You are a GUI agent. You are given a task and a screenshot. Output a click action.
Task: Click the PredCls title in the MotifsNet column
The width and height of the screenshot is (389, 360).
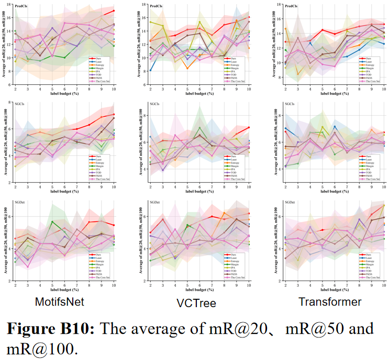coord(22,7)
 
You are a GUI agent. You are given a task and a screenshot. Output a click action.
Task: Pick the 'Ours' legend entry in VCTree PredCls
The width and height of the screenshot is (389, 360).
coord(232,58)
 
